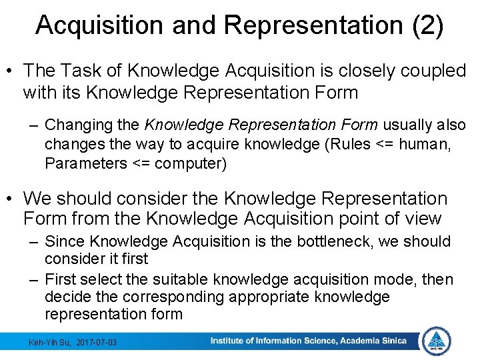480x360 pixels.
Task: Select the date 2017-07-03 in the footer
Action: coord(96,342)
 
